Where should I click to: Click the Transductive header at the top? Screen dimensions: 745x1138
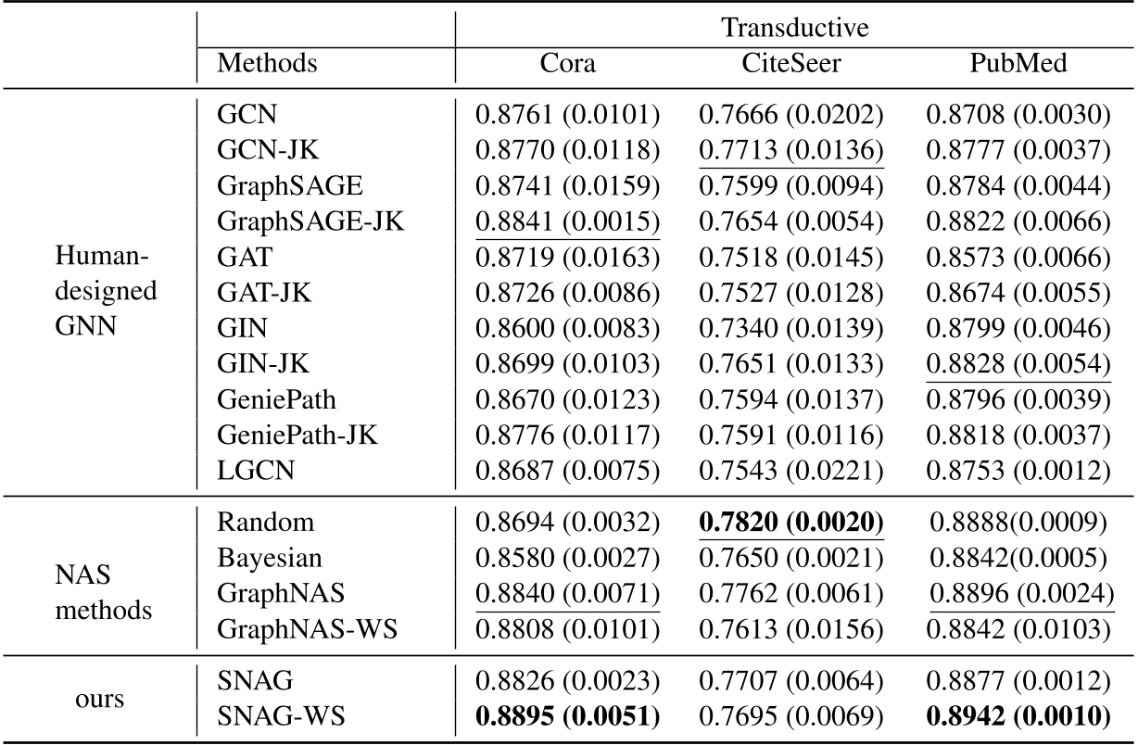click(793, 28)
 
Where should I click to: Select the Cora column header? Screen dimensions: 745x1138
click(566, 64)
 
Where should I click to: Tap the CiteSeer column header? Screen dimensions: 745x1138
click(790, 64)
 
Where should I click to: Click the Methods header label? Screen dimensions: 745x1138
click(267, 64)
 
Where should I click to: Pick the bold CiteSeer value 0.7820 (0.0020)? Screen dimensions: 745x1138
click(790, 523)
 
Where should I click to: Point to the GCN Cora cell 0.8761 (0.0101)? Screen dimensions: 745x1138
click(566, 114)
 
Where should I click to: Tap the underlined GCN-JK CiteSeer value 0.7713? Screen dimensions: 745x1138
click(790, 149)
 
